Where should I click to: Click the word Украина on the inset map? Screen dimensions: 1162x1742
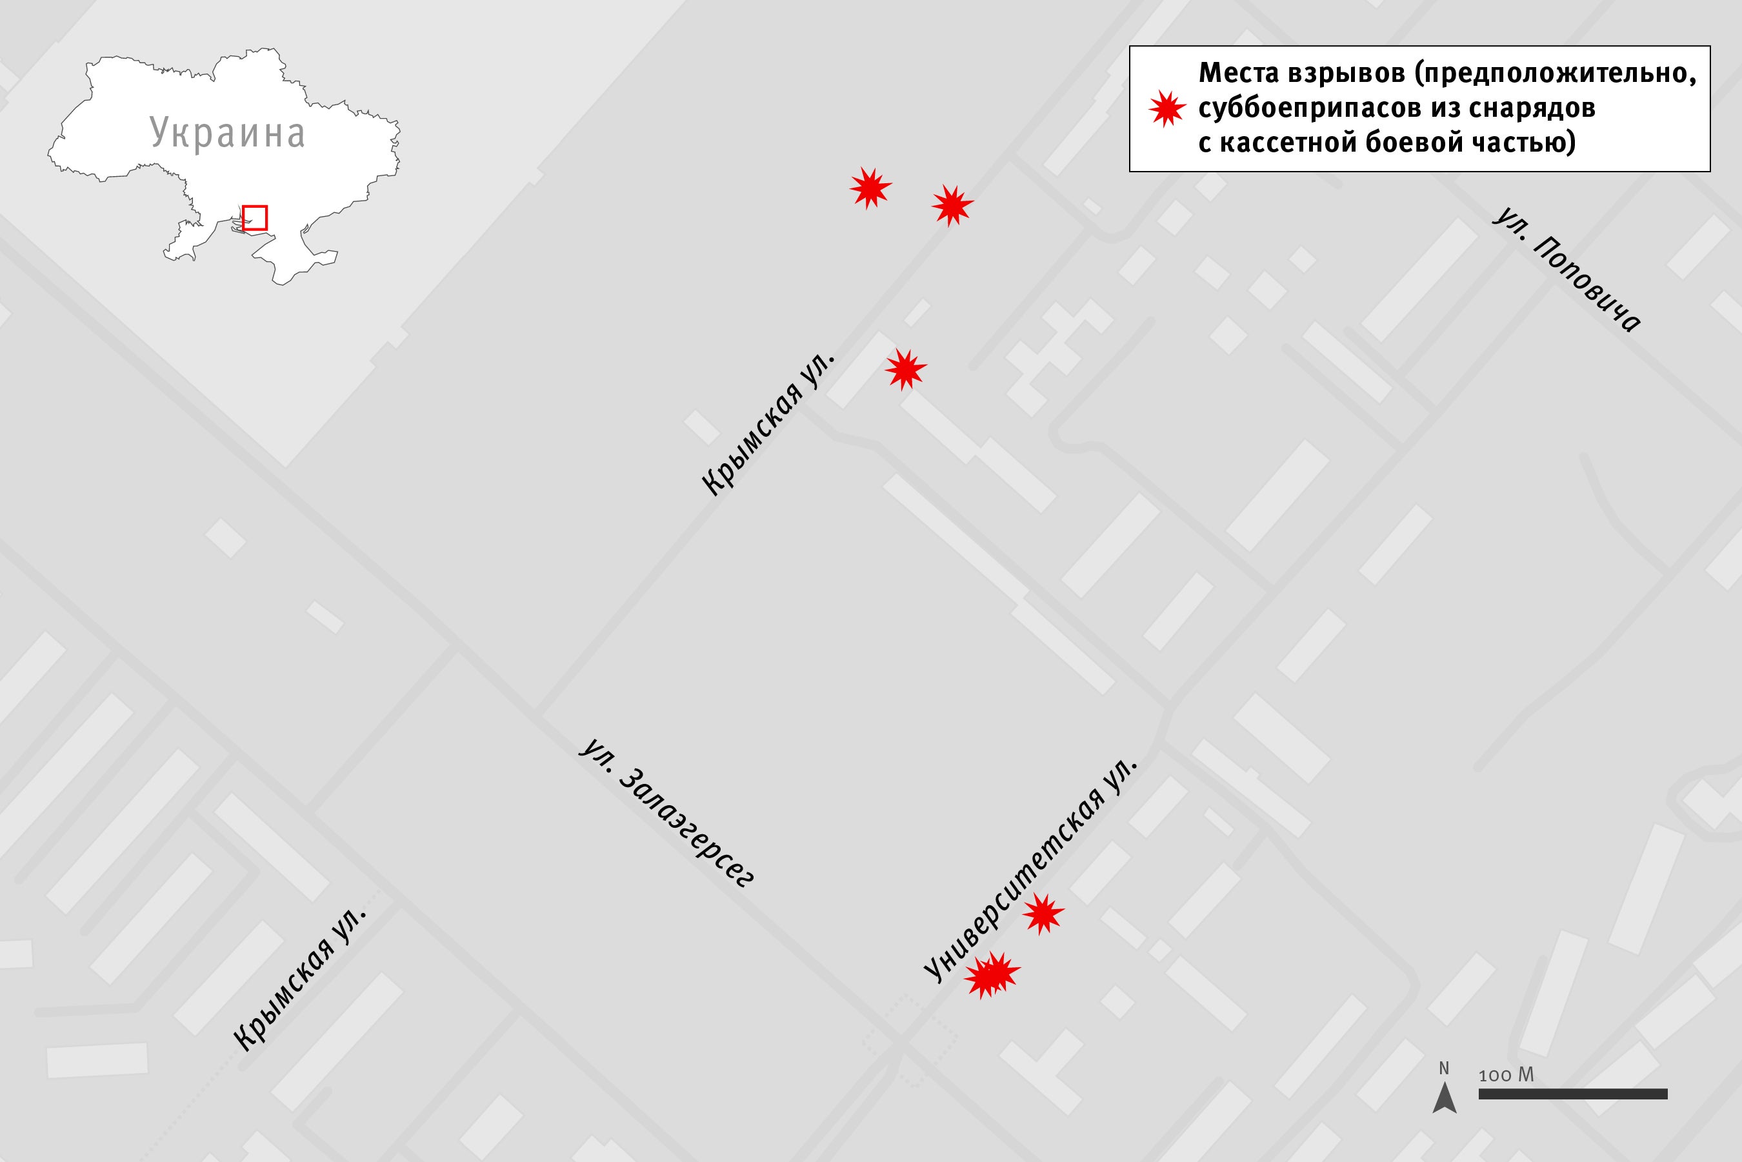(228, 134)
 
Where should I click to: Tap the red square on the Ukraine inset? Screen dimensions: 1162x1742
(254, 218)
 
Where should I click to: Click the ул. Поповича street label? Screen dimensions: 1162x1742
(1567, 270)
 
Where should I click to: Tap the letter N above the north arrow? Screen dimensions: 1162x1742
(1443, 1068)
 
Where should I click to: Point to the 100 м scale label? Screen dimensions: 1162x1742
(1507, 1074)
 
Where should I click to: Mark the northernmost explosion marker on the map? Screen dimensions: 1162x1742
(870, 188)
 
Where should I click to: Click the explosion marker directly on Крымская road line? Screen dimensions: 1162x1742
(952, 205)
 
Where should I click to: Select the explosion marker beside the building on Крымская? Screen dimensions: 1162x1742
(905, 368)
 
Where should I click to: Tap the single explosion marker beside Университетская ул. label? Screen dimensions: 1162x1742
(1043, 914)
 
